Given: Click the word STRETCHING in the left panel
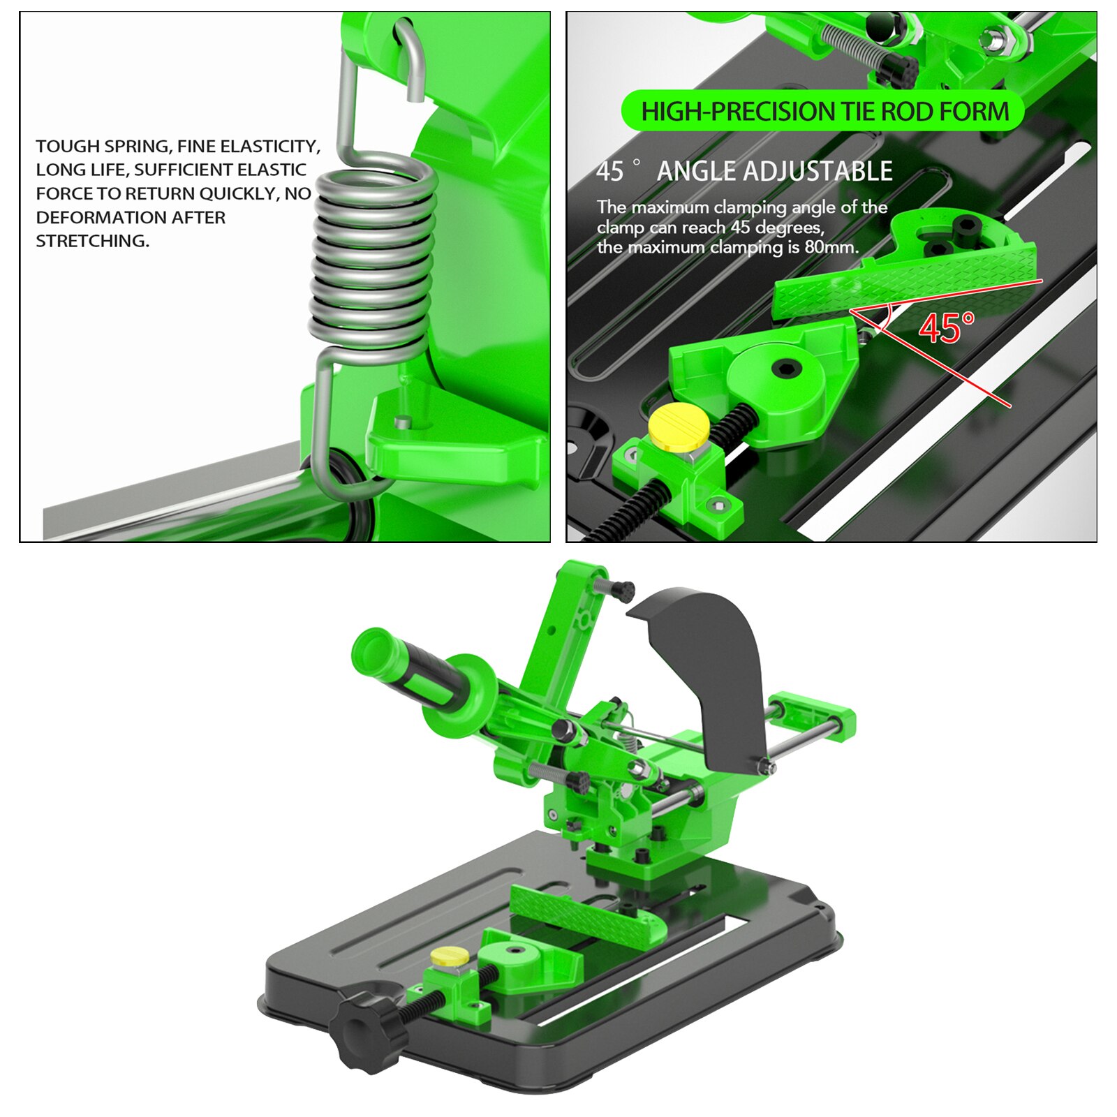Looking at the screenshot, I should (x=92, y=241).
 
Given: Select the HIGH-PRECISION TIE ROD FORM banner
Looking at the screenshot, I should (x=824, y=111).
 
